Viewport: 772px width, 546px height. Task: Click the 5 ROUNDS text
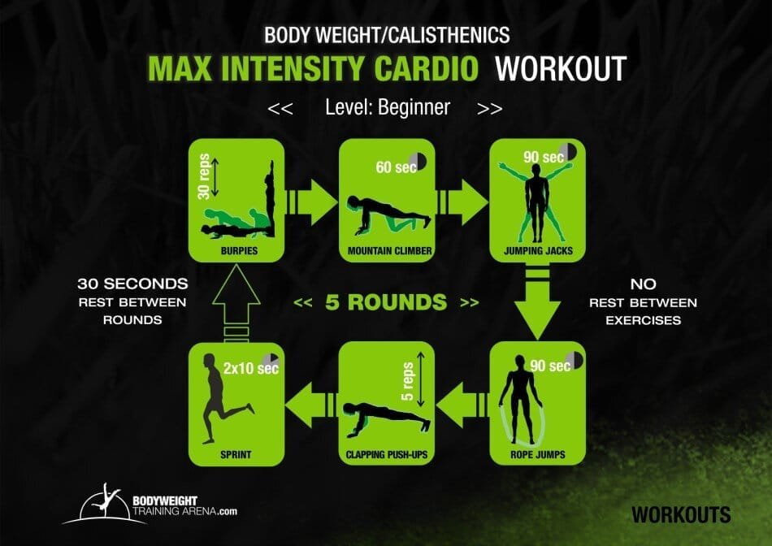pos(385,302)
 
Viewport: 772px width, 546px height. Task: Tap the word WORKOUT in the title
pos(561,68)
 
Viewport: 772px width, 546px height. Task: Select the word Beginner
pos(411,106)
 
